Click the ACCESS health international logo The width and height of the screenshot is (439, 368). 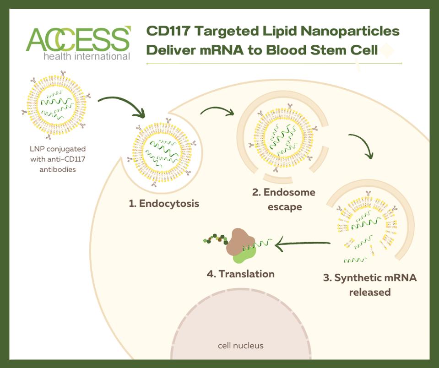point(78,43)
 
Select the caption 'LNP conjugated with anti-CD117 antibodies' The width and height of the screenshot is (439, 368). point(58,159)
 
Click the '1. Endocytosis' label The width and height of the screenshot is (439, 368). point(164,203)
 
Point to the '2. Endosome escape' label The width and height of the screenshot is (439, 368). point(284,200)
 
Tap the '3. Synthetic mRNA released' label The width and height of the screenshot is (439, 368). point(370,285)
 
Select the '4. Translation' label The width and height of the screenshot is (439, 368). point(240,274)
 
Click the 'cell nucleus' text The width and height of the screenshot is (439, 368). point(240,346)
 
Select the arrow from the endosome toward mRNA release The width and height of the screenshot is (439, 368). point(364,142)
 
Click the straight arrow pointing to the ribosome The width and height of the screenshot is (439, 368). point(303,244)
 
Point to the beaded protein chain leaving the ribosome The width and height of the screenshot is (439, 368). point(216,239)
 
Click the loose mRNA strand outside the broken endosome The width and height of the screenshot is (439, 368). point(355,260)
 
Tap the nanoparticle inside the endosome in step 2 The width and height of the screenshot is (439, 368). point(283,137)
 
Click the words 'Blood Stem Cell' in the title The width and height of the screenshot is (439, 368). point(322,50)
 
